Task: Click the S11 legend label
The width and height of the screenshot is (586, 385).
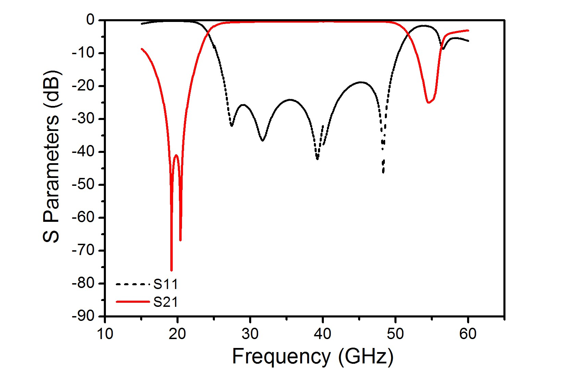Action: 166,284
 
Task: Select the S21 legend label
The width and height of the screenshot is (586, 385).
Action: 166,302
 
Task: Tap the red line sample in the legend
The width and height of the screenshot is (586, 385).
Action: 133,302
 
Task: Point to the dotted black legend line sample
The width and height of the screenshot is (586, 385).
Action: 133,284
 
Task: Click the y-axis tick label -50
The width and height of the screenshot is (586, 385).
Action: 83,184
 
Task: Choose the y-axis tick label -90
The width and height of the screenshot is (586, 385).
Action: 83,316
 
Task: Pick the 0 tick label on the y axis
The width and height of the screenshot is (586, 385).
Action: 90,20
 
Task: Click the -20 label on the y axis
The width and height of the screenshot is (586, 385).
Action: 83,86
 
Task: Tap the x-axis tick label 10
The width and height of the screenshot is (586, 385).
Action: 105,334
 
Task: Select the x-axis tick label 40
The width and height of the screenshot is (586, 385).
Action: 322,334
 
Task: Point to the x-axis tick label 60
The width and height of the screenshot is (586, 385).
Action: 468,334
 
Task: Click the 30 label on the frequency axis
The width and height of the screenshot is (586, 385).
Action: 250,334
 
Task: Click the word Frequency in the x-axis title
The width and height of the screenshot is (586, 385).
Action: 281,357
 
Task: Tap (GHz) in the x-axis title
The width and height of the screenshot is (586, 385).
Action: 366,357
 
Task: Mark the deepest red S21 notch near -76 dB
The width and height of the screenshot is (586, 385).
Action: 171,270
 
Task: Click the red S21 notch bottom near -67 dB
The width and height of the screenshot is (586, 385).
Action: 180,240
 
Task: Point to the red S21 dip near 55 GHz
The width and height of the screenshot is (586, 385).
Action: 428,103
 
